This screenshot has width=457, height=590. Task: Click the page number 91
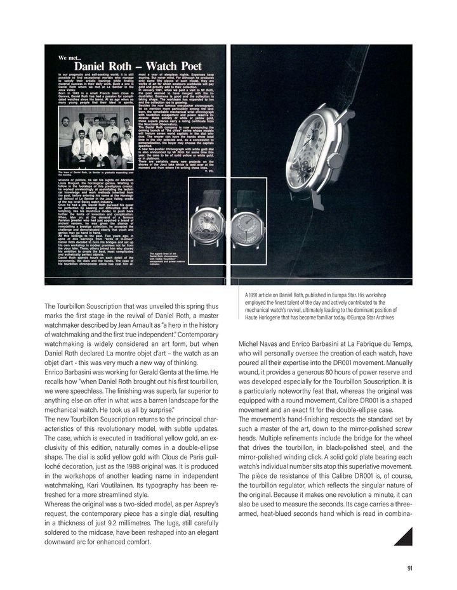click(x=409, y=568)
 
